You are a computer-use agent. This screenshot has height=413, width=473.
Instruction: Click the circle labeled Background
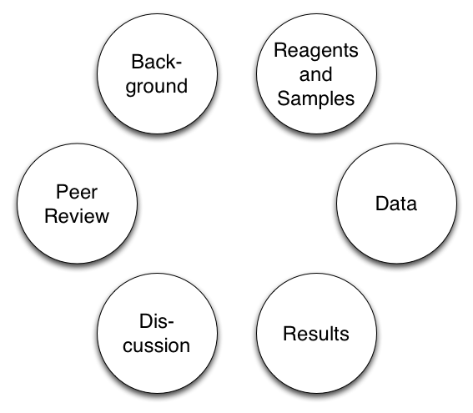tap(159, 74)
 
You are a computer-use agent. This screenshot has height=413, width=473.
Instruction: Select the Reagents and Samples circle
tap(316, 74)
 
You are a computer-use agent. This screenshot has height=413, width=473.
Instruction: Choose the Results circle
tap(316, 335)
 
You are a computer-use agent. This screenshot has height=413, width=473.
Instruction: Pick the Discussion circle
tap(159, 335)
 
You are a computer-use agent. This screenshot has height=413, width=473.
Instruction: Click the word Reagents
tap(316, 50)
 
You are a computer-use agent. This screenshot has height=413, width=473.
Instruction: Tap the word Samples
tap(316, 98)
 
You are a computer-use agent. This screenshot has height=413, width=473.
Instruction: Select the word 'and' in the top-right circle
tap(316, 74)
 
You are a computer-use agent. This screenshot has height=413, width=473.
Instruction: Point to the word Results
tap(316, 335)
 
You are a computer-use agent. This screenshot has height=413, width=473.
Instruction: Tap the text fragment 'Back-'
tap(159, 63)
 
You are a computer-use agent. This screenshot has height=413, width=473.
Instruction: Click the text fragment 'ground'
tap(159, 87)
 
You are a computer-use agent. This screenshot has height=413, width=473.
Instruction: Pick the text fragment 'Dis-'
tap(159, 322)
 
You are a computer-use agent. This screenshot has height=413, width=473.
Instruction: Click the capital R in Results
tap(289, 335)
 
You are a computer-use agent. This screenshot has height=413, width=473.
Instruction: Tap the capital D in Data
tap(380, 204)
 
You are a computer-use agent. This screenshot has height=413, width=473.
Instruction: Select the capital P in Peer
tap(59, 192)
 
